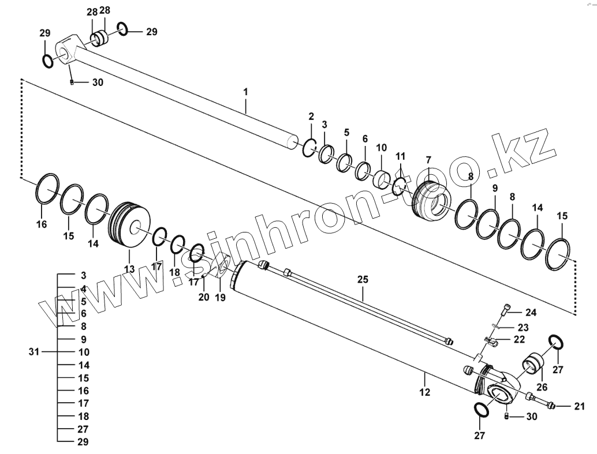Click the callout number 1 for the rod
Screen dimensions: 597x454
point(245,92)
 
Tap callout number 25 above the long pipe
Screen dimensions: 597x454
point(363,279)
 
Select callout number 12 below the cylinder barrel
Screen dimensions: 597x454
point(425,393)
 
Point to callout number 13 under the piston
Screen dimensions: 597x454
point(129,269)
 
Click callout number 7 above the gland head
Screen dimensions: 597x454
point(428,159)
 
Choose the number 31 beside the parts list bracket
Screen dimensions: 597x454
point(35,352)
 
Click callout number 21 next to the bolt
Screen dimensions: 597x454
point(579,407)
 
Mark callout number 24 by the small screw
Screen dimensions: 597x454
point(531,313)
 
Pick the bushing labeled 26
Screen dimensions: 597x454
point(534,365)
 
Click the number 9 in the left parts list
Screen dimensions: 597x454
point(84,339)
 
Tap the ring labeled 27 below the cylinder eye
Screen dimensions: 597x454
point(480,410)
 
